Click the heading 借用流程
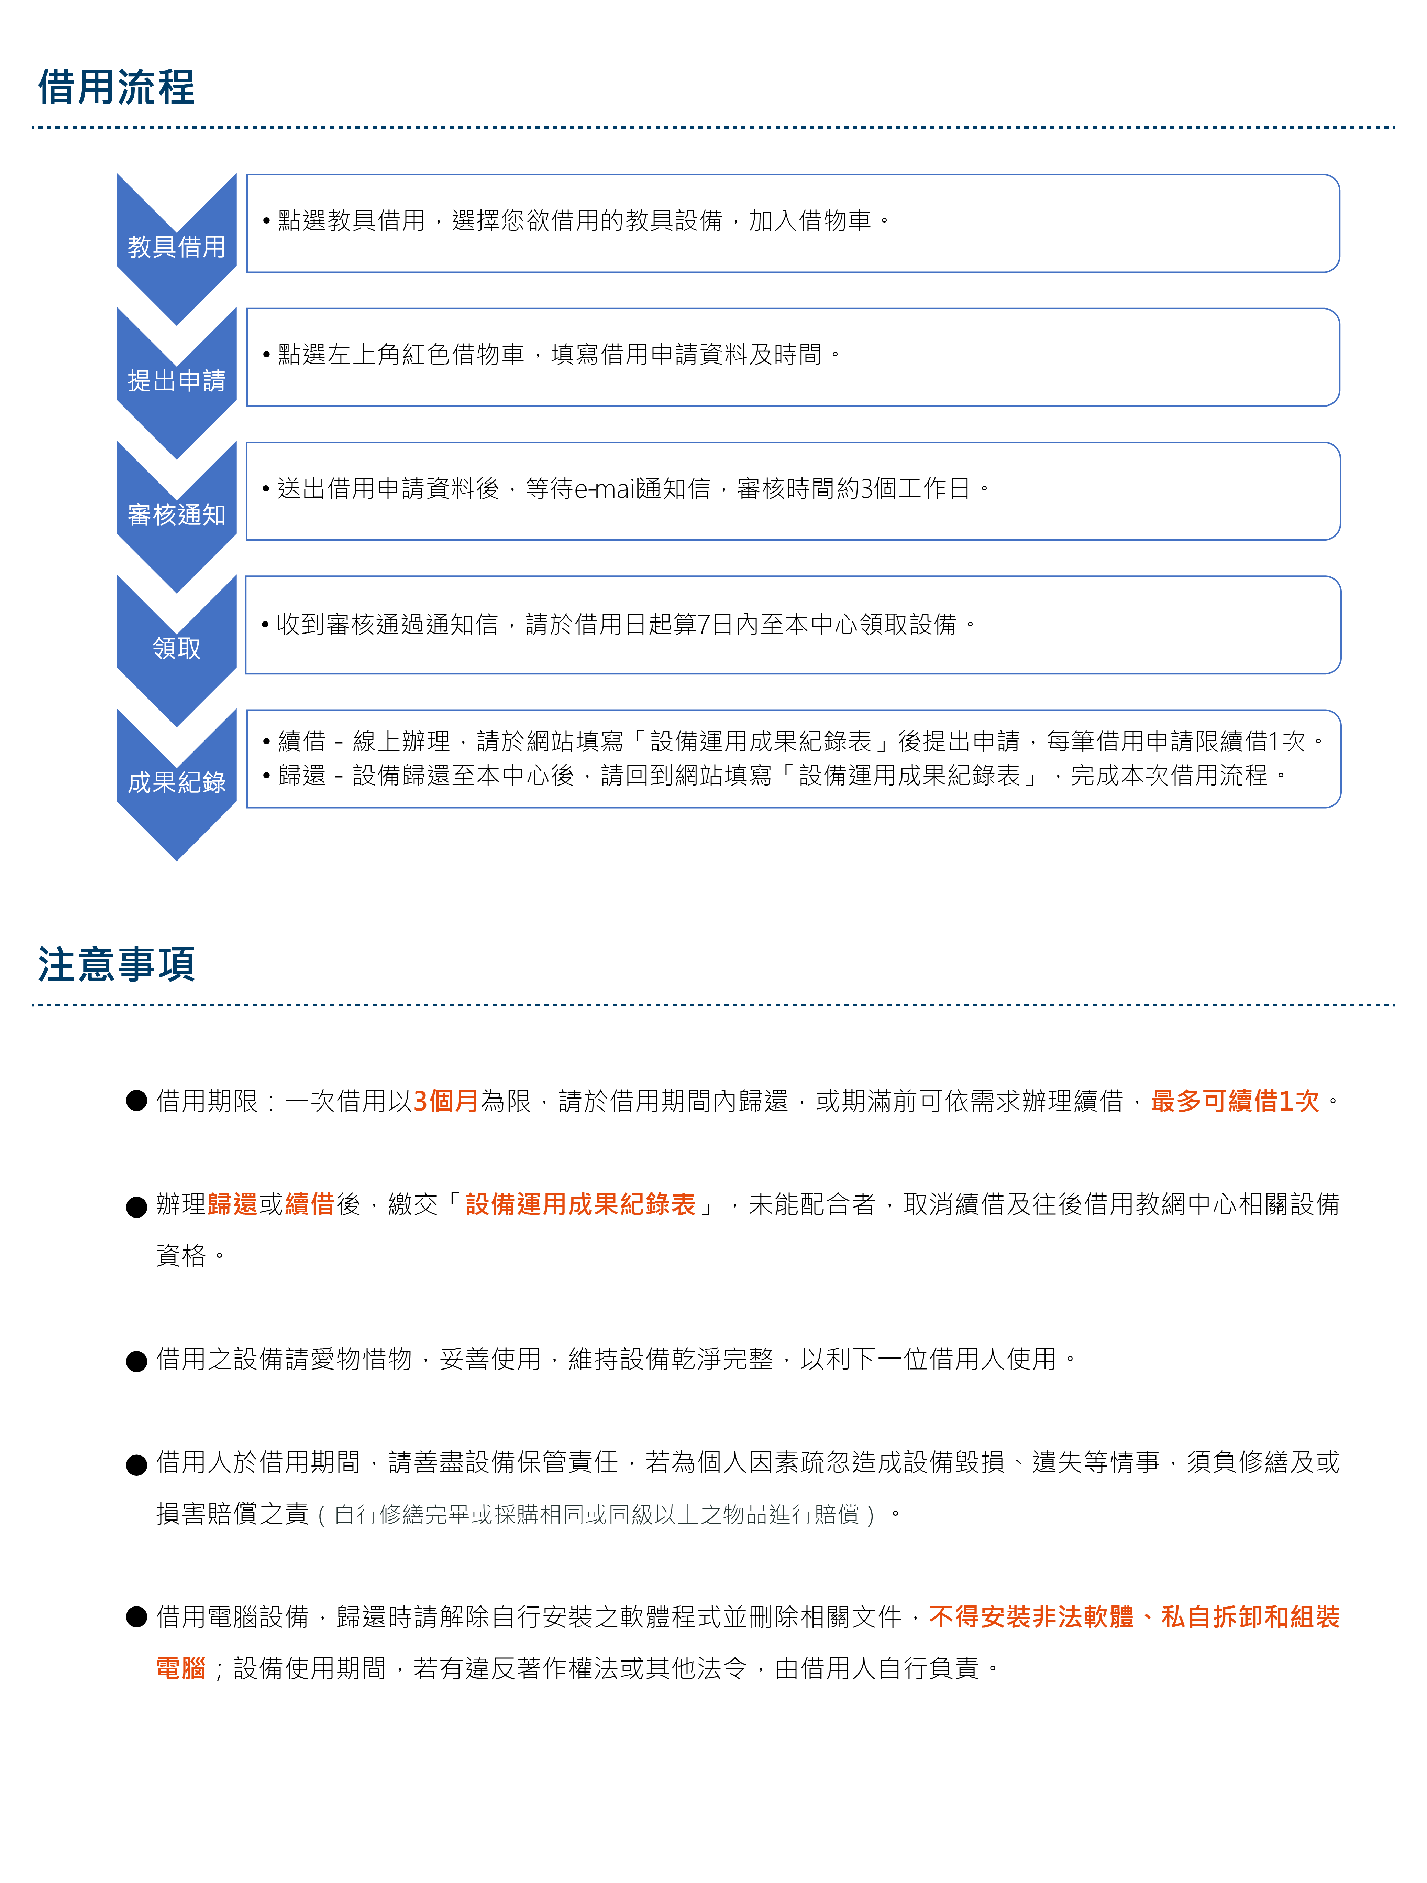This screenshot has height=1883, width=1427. [117, 88]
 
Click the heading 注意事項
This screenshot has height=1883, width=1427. [117, 964]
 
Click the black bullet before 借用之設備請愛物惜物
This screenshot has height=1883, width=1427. [136, 1360]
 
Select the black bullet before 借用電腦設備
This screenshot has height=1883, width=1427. [136, 1616]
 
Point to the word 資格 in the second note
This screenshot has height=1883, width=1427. [181, 1256]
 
